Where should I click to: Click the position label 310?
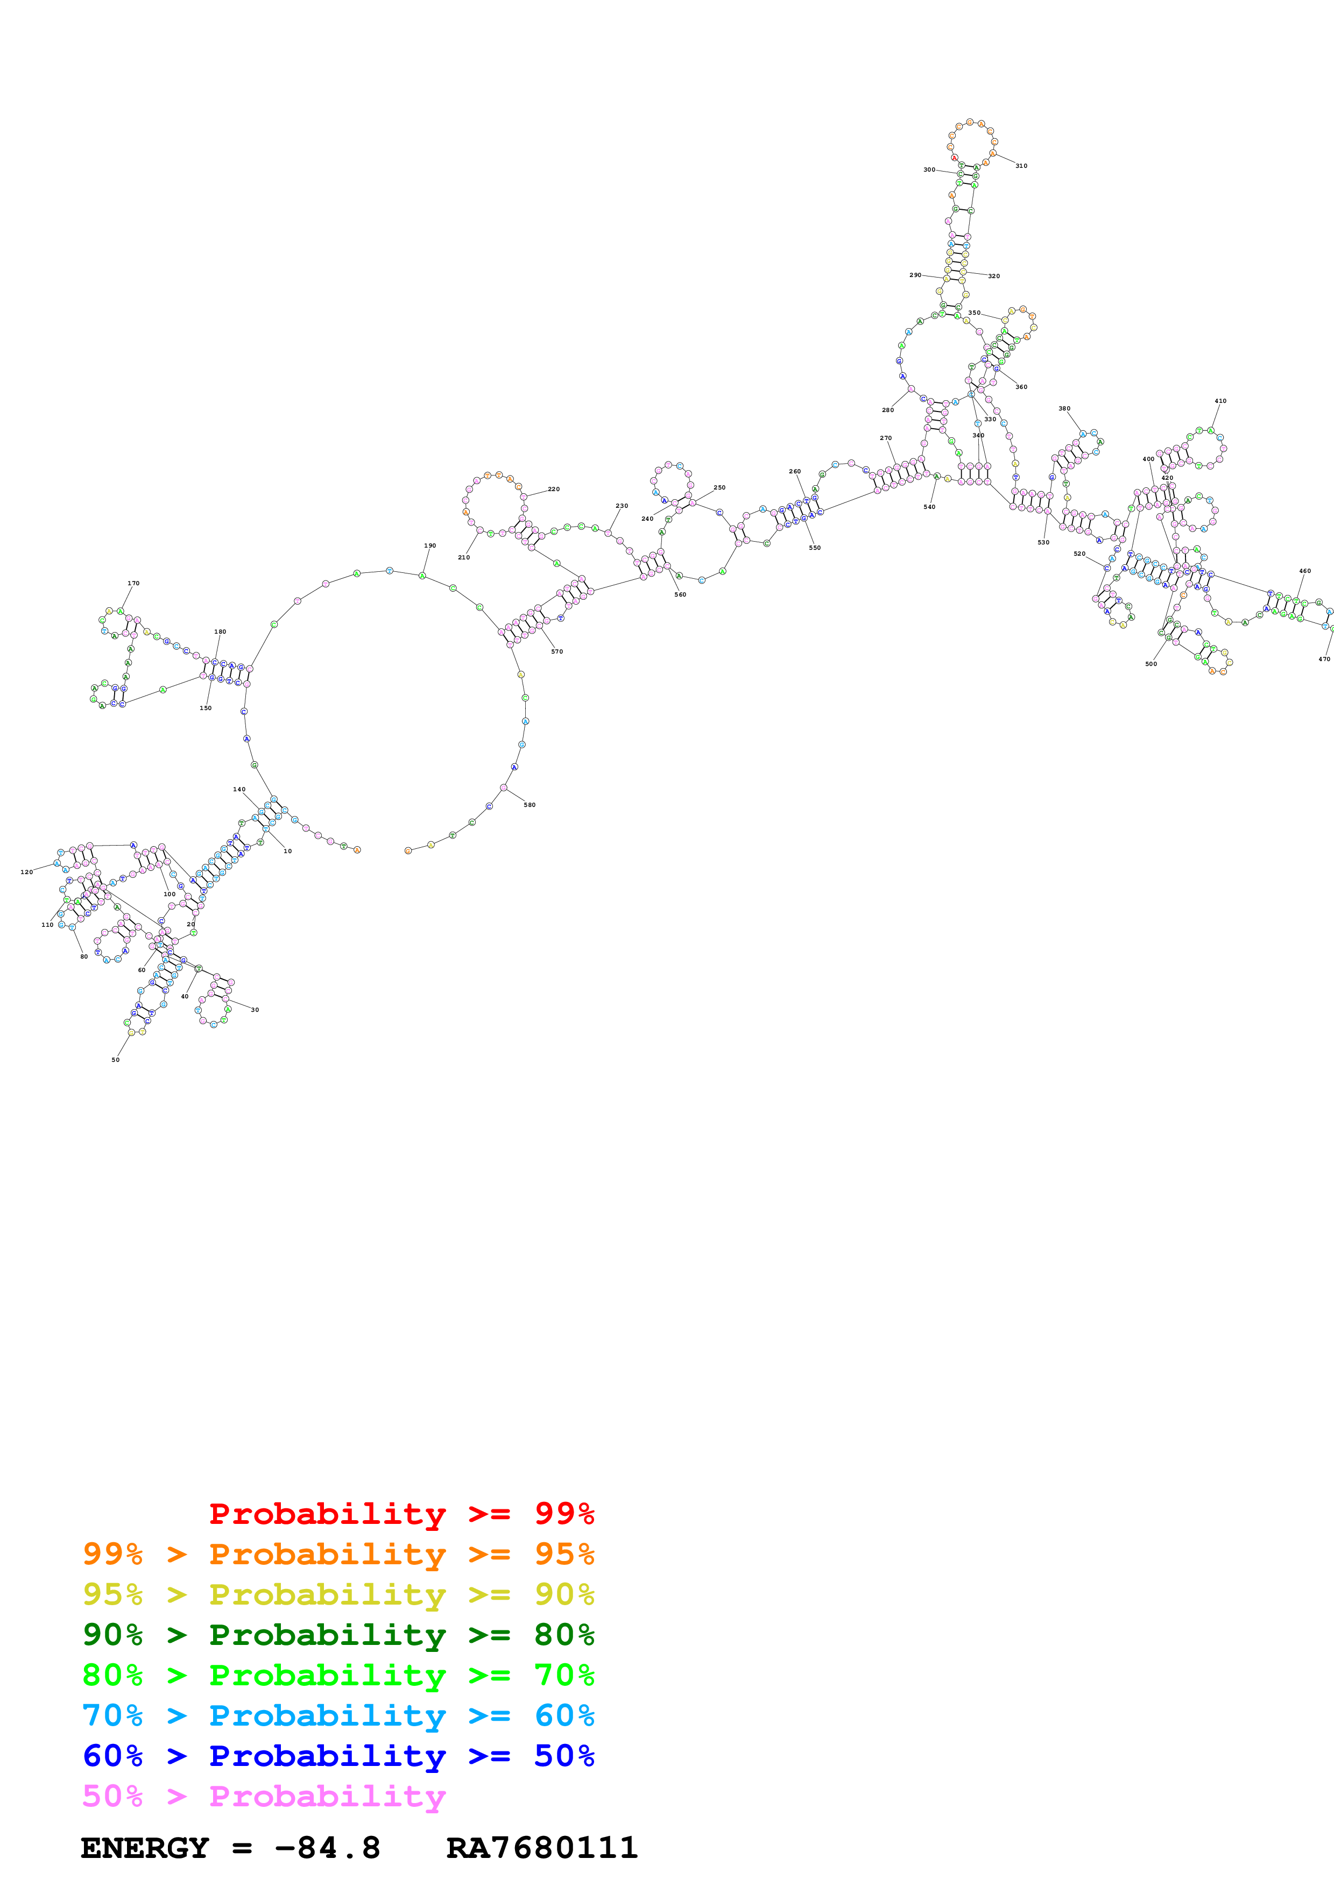[x=1020, y=166]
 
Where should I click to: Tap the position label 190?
[x=430, y=546]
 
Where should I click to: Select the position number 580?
[x=530, y=805]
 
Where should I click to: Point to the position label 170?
[x=133, y=584]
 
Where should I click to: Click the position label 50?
[x=115, y=1060]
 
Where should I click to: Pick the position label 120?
[x=26, y=872]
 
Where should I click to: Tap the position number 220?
[x=553, y=489]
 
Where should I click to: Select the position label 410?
[x=1220, y=401]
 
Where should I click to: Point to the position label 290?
[x=915, y=275]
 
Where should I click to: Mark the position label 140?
[x=238, y=789]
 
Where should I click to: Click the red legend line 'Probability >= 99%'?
[x=401, y=1513]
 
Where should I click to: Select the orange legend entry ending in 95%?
[x=338, y=1553]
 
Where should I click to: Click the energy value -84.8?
[x=327, y=1848]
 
